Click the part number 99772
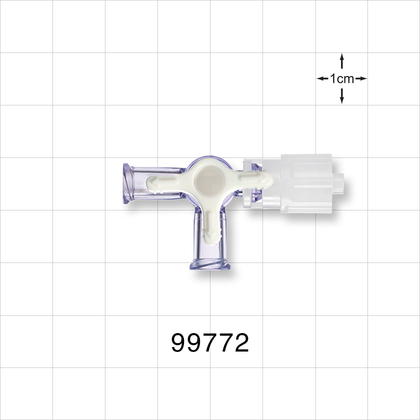pyautogui.click(x=210, y=344)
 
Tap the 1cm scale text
pyautogui.click(x=342, y=79)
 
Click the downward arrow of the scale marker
pyautogui.click(x=342, y=97)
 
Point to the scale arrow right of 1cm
pyautogui.click(x=362, y=79)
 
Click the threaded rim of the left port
pyautogui.click(x=126, y=184)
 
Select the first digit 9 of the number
pyautogui.click(x=179, y=344)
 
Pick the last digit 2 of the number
pyautogui.click(x=241, y=344)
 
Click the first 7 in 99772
pyautogui.click(x=210, y=344)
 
